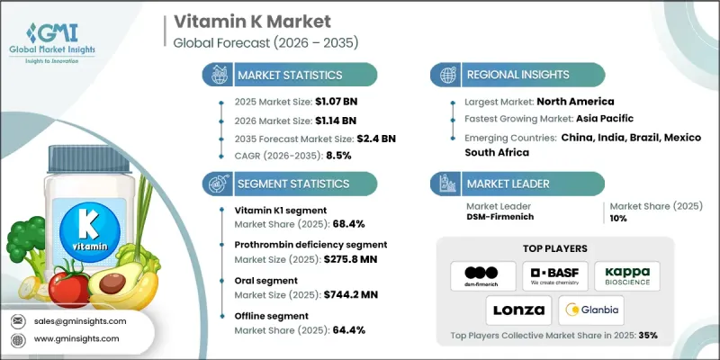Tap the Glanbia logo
(x=593, y=311)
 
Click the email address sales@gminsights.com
(x=82, y=320)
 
